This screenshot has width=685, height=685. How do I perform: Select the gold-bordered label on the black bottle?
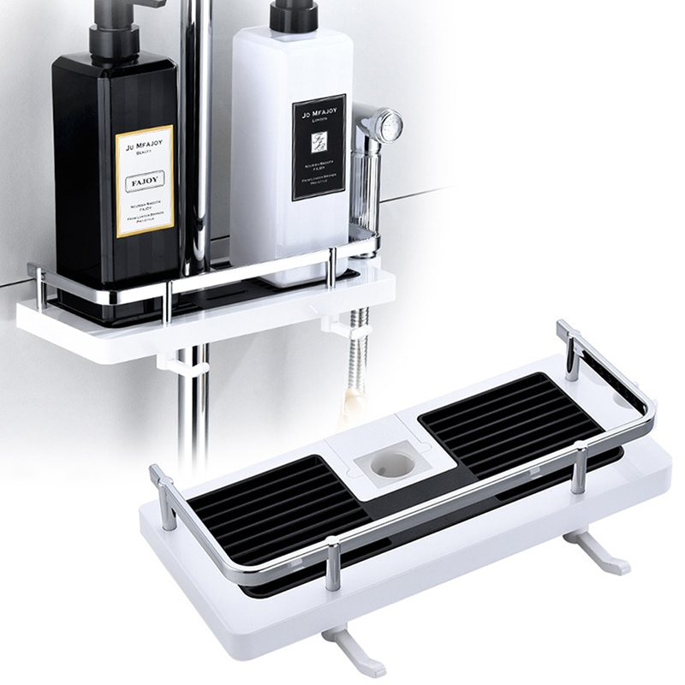point(145,181)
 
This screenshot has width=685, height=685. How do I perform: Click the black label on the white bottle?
point(319,146)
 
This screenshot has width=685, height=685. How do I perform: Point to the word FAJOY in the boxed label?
point(144,183)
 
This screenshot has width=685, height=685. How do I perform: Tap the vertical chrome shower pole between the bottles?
point(197,128)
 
